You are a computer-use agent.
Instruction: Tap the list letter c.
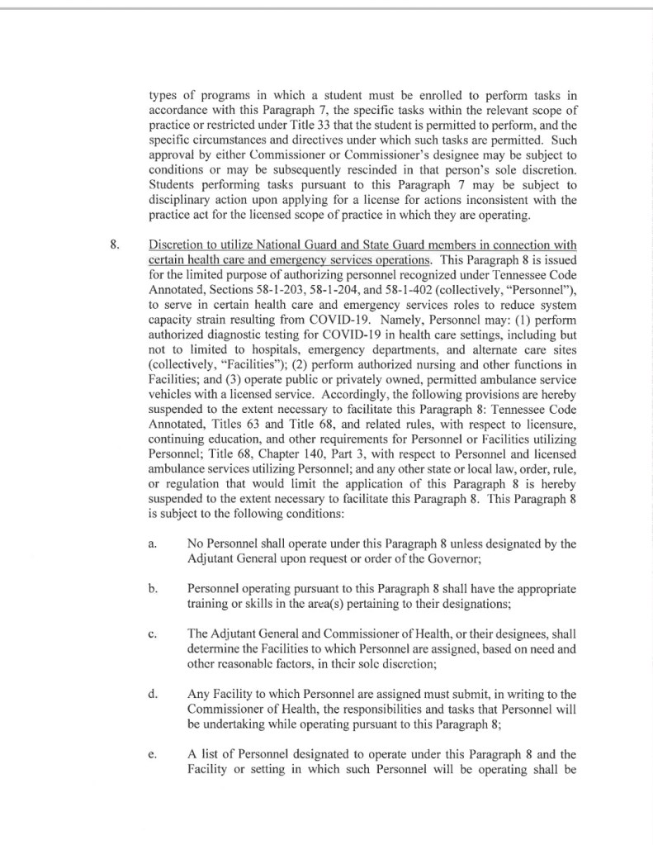point(152,634)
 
